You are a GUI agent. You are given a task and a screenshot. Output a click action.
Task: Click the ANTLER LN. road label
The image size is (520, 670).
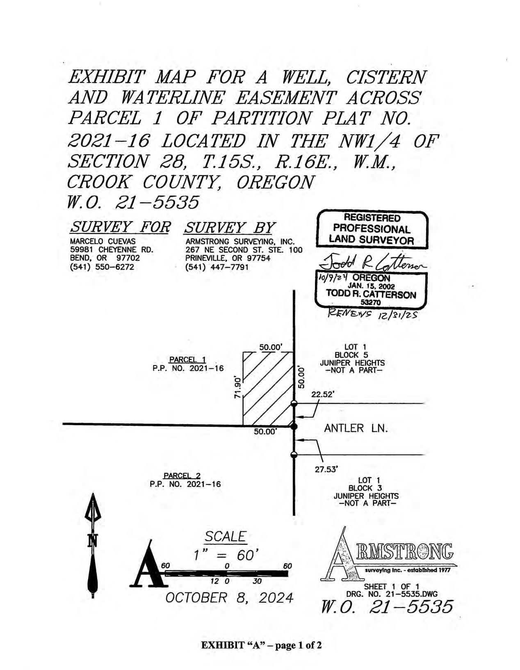click(356, 428)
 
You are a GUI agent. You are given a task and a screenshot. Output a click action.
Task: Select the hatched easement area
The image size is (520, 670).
click(268, 389)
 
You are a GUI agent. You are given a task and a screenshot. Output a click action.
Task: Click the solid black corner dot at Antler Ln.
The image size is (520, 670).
click(294, 426)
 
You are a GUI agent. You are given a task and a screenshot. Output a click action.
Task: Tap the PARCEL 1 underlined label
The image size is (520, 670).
click(187, 359)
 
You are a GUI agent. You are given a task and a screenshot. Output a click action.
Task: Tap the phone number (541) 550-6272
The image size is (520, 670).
click(102, 267)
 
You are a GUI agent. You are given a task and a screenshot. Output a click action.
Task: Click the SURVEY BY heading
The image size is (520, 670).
click(229, 228)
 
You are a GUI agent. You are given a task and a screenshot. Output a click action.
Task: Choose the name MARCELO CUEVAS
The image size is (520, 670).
click(103, 241)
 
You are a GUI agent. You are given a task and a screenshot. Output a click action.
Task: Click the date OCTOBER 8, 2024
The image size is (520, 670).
click(229, 598)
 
